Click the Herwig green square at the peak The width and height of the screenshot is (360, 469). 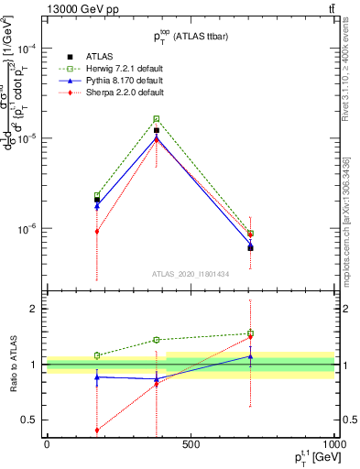point(157,119)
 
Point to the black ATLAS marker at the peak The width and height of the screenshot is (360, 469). point(157,131)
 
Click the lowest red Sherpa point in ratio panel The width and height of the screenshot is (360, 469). point(97,430)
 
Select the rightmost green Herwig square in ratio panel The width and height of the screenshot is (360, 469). point(250,333)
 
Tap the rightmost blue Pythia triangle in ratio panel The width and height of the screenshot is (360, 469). point(250,356)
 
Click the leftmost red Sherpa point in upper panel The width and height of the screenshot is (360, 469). point(97,231)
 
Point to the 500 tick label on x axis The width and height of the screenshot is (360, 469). point(191,444)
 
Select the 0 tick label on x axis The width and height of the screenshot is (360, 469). point(46,444)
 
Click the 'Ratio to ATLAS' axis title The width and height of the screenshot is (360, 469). point(13,364)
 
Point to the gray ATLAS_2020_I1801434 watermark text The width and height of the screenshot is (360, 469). point(191,274)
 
